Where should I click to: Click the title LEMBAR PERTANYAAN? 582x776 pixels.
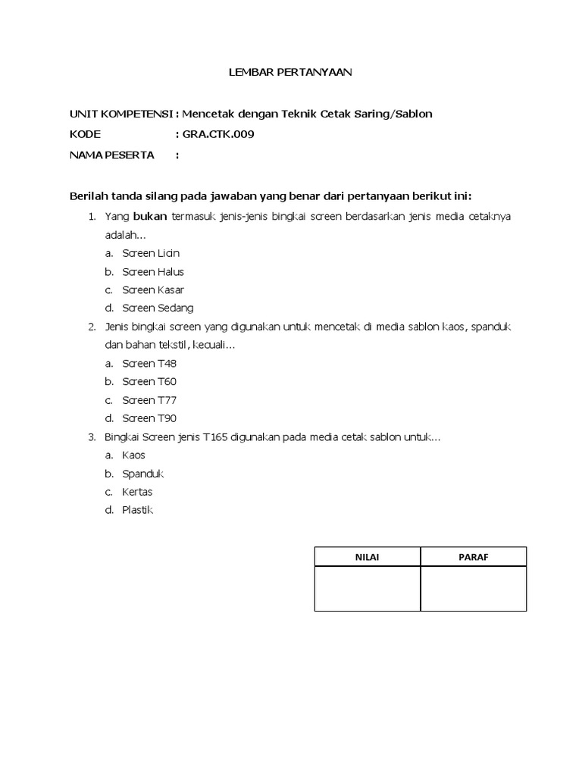pos(291,73)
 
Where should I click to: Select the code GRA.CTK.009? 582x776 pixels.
pos(218,135)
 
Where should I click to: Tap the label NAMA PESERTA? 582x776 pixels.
pos(111,155)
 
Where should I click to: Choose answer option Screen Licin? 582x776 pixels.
pos(151,253)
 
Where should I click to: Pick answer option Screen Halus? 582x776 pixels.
pos(153,272)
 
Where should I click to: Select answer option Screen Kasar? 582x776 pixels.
pos(153,290)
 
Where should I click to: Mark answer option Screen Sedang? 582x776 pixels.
pos(158,308)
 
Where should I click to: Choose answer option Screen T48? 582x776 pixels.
pos(149,364)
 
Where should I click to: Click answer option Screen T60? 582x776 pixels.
pos(149,382)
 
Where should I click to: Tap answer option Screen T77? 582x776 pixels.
pos(149,400)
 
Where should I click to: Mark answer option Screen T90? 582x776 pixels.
pos(149,418)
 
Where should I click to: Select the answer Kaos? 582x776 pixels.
pos(133,455)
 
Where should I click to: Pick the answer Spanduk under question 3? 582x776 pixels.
pos(143,474)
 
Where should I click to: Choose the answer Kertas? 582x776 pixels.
pos(137,492)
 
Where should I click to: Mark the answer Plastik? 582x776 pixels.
pos(137,510)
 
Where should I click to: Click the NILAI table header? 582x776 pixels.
pos(368,557)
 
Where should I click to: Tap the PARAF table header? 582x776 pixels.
pos(474,557)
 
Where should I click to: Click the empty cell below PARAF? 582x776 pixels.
pos(474,589)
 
